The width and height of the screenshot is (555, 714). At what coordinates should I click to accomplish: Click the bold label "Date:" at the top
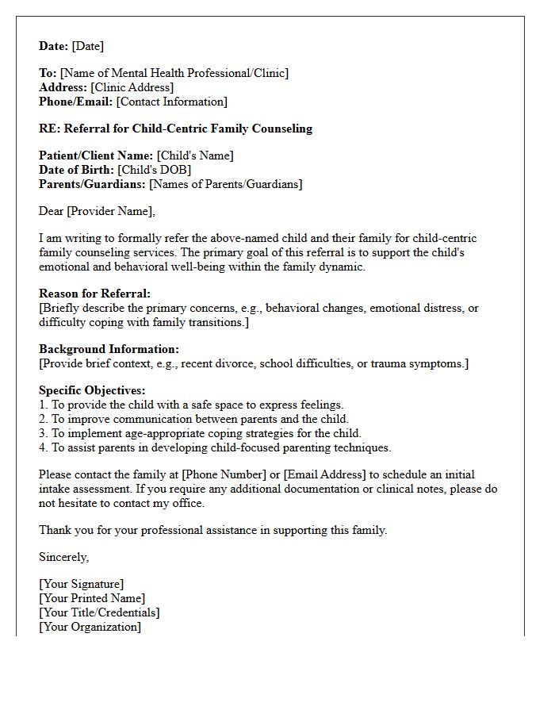[54, 46]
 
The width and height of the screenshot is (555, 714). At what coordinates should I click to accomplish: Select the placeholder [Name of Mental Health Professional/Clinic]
[174, 73]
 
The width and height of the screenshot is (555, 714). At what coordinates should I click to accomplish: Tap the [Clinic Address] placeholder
[132, 87]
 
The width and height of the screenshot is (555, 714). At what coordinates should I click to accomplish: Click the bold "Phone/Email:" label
[75, 102]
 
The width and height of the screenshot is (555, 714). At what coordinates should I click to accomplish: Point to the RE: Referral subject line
[175, 129]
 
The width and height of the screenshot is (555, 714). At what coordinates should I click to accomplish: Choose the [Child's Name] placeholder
[195, 155]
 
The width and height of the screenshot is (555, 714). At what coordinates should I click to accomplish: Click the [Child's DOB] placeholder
[155, 170]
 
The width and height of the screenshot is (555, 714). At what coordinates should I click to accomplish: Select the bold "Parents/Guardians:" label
[92, 184]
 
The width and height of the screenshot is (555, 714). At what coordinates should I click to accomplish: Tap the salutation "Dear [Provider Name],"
[97, 211]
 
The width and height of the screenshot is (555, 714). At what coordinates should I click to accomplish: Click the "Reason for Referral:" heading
[94, 294]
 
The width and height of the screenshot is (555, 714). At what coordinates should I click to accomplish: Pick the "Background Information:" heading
[109, 349]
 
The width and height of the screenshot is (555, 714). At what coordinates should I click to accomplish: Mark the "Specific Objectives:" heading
[92, 390]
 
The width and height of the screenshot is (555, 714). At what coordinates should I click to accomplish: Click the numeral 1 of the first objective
[43, 405]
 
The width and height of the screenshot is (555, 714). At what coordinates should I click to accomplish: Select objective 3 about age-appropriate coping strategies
[200, 433]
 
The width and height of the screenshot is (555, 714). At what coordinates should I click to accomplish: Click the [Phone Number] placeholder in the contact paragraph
[224, 474]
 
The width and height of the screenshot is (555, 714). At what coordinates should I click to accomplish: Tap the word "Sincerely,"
[64, 557]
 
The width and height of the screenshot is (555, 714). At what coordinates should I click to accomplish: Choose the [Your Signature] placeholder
[82, 584]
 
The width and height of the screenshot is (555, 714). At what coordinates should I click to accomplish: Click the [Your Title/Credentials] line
[99, 612]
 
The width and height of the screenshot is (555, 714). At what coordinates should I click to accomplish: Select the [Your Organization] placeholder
[90, 627]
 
